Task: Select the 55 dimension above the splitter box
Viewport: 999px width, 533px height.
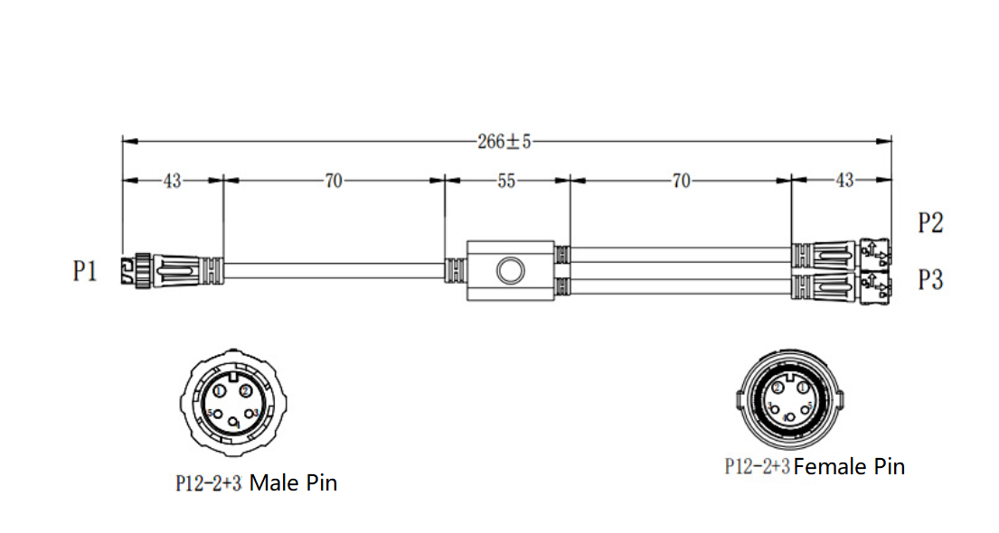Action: [x=506, y=181]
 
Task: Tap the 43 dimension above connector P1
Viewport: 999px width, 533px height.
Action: [x=172, y=181]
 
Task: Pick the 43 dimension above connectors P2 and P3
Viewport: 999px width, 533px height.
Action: [x=843, y=181]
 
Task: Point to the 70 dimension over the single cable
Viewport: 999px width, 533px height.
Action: [x=334, y=181]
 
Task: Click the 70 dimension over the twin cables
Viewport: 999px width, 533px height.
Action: [x=681, y=181]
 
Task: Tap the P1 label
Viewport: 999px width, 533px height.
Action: [x=85, y=271]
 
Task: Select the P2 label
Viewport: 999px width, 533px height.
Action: [x=930, y=223]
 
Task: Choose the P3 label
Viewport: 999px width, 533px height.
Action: [x=930, y=280]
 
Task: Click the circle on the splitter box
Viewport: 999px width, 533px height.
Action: [x=509, y=270]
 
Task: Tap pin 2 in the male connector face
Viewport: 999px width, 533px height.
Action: [x=246, y=391]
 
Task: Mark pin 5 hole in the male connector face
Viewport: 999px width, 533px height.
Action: [x=216, y=414]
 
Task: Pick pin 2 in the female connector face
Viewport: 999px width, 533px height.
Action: [x=778, y=388]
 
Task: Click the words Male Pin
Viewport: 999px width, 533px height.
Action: [x=293, y=483]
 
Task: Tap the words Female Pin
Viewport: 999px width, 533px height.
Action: [x=849, y=466]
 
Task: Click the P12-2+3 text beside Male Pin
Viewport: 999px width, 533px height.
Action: [x=208, y=483]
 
